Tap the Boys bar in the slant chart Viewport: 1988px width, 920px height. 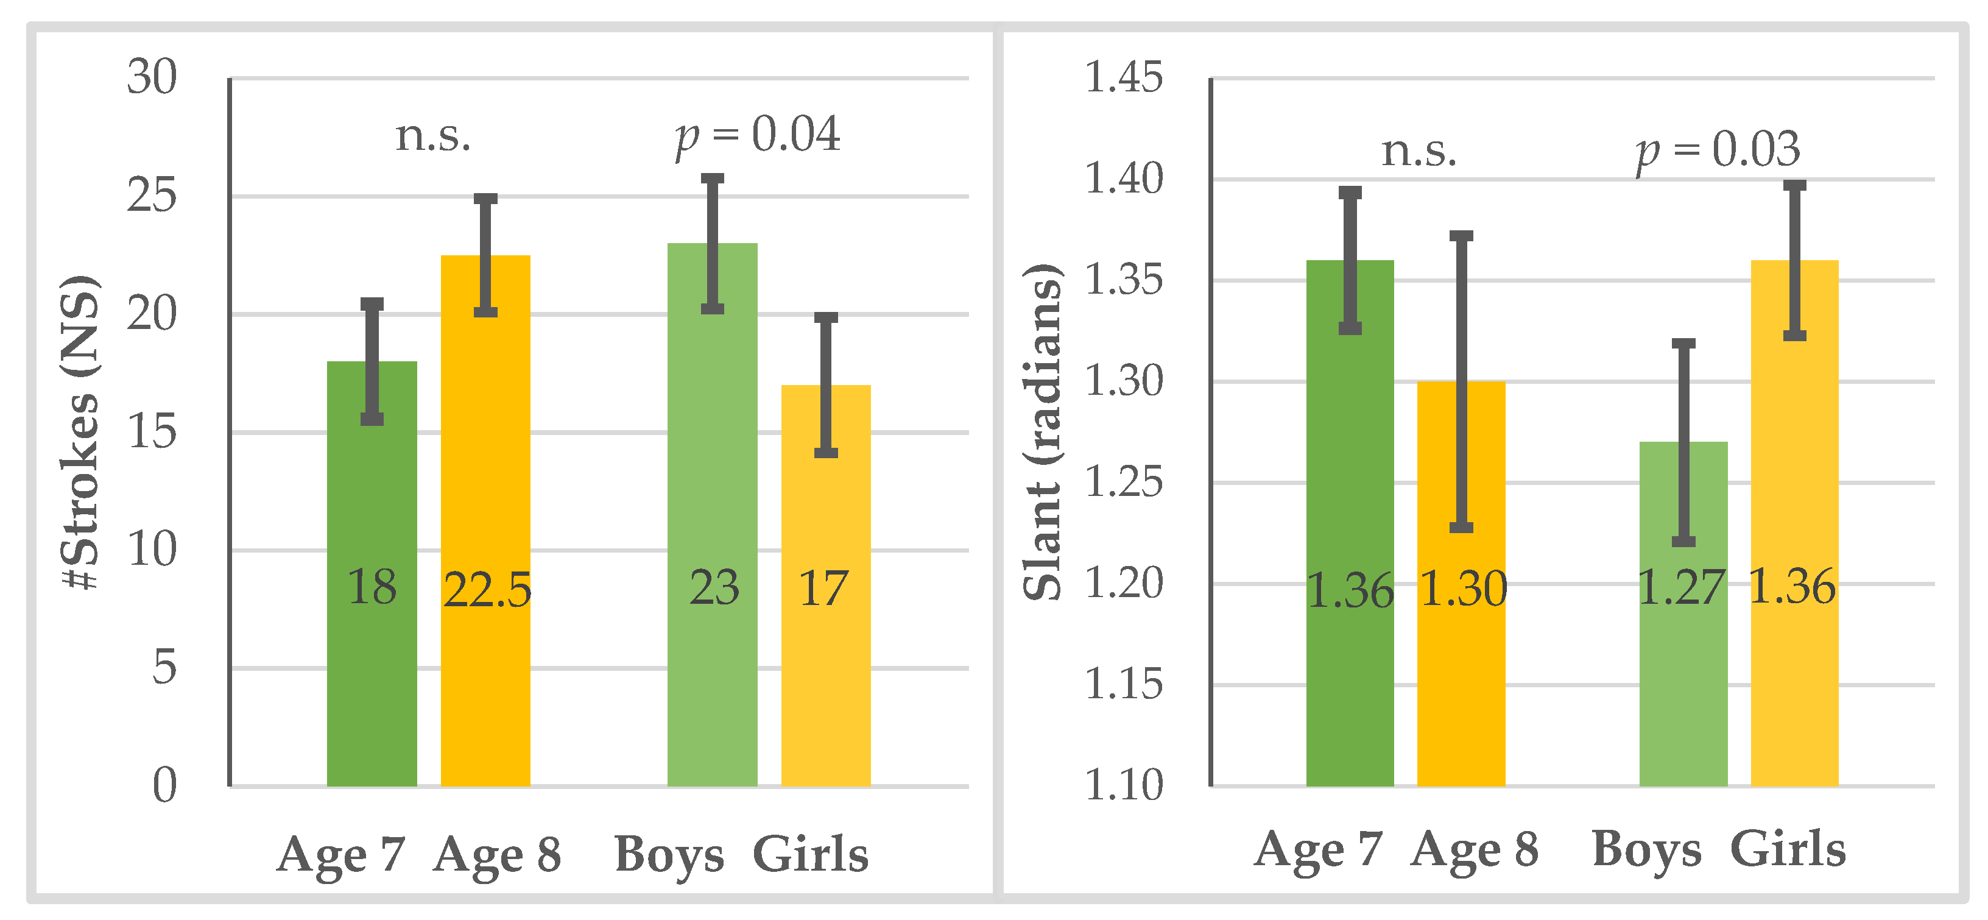(1683, 679)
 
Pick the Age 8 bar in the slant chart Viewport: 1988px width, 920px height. (1461, 679)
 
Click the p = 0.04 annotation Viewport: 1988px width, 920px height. (757, 135)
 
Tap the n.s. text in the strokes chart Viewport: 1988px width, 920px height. (433, 136)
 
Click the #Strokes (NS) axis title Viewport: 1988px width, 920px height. (80, 432)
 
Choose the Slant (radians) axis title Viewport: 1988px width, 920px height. (1042, 432)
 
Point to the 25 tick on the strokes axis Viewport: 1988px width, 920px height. (152, 196)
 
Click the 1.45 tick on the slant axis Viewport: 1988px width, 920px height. (1123, 78)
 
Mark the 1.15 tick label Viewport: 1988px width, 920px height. (1123, 685)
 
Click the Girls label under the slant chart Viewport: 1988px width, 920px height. (1788, 850)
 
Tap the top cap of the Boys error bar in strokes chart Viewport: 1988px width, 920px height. (713, 179)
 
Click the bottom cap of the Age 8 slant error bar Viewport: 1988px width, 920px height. (1461, 528)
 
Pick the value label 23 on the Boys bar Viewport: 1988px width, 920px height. (714, 588)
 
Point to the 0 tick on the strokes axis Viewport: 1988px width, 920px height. (164, 787)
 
